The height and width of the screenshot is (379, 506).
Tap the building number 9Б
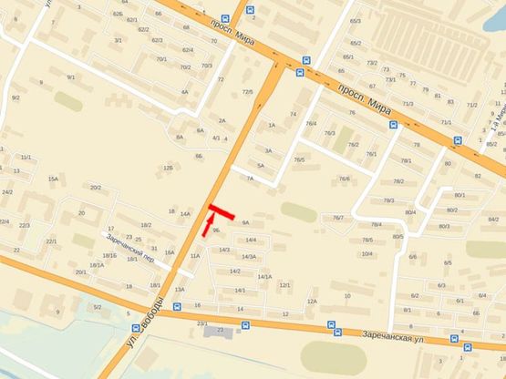[216, 231]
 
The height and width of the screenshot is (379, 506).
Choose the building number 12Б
[168, 168]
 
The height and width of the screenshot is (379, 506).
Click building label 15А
[53, 179]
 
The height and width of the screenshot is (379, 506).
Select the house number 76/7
[338, 217]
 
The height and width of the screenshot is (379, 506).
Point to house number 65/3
[356, 21]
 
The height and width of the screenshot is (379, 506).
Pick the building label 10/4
[367, 253]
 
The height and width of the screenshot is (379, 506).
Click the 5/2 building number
[97, 307]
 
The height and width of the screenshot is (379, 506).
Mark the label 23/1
[201, 323]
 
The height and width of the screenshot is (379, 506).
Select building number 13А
[180, 289]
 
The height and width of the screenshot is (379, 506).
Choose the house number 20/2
[95, 188]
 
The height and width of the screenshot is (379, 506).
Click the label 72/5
[247, 91]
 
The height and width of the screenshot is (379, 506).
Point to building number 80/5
[398, 237]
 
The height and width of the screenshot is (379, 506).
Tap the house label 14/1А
[264, 276]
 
